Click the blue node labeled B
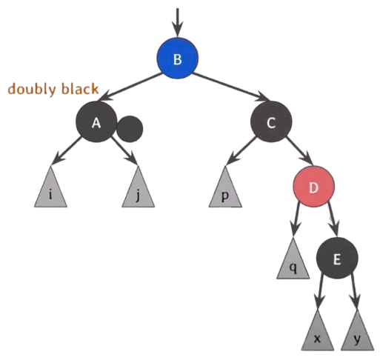coord(177,59)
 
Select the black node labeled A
coord(96,121)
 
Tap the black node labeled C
coord(271,121)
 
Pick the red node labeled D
coord(313,187)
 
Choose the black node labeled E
coord(337,259)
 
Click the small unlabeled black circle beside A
coord(130,129)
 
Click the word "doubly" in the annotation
coord(31,90)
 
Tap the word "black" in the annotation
coord(80,88)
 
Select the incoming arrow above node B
coord(177,23)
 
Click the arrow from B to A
coord(130,87)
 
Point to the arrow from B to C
coord(232,87)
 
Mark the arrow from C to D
coord(300,150)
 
